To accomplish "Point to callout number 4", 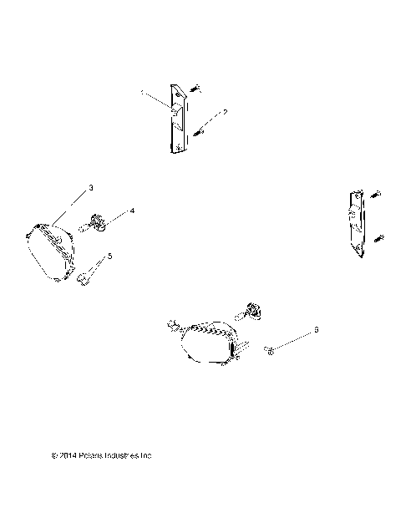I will pos(131,213).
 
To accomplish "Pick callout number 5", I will pos(109,256).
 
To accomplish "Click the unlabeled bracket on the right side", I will pos(356,223).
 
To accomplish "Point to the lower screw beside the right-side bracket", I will pos(379,239).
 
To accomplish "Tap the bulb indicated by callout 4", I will pos(96,223).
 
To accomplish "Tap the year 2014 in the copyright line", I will pos(68,456).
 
